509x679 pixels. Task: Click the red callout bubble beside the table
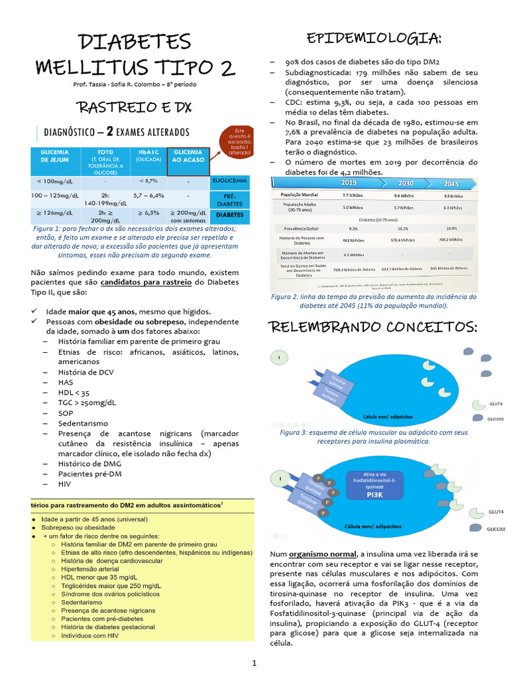pyautogui.click(x=238, y=141)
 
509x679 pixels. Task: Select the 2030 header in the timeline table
pyautogui.click(x=406, y=183)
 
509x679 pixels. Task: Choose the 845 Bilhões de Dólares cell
pyautogui.click(x=448, y=269)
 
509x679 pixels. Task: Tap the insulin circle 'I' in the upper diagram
pyautogui.click(x=280, y=358)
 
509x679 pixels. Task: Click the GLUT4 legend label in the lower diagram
pyautogui.click(x=496, y=513)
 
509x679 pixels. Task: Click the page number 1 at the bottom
pyautogui.click(x=253, y=662)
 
